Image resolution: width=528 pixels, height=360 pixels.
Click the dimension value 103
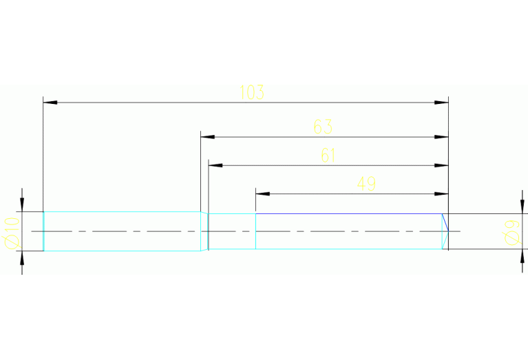coord(252,92)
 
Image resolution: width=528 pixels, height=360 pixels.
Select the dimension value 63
coord(323,127)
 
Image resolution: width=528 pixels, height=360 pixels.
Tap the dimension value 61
coord(328,156)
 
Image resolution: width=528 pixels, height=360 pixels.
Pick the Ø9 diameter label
coord(511,231)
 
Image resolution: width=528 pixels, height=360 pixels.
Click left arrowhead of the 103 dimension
coord(50,103)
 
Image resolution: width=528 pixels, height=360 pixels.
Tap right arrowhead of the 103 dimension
coord(441,103)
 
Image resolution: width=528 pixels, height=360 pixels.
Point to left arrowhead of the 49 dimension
coord(263,193)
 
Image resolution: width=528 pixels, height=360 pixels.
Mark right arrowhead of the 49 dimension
coord(441,193)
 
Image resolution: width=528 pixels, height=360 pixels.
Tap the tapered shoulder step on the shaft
coord(204,231)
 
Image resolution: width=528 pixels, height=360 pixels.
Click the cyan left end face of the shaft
coord(44,231)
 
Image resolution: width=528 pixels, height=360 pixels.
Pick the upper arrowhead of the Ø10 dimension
coord(22,204)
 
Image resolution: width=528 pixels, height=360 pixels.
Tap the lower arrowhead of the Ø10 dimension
coord(22,258)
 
